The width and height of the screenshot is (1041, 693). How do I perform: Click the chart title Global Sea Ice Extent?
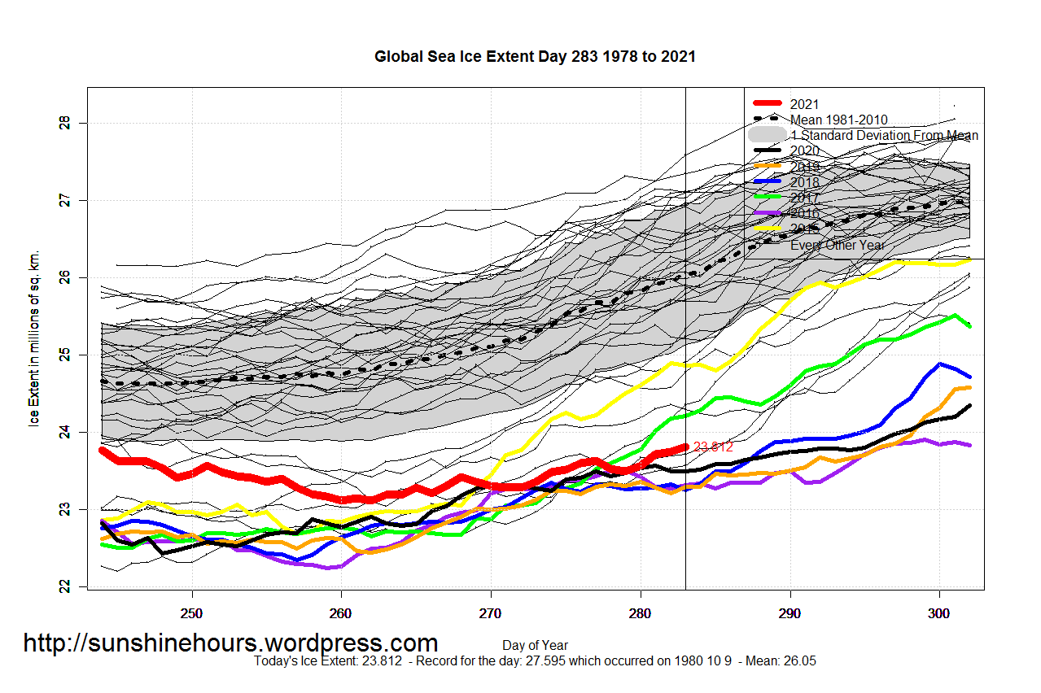click(535, 57)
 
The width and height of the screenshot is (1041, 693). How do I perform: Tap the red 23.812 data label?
click(713, 447)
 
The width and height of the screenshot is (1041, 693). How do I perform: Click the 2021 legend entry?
click(804, 104)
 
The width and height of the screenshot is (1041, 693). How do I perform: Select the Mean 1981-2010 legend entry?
click(838, 120)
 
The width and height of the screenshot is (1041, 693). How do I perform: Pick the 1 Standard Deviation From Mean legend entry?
click(884, 135)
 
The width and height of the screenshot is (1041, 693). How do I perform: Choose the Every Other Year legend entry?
click(837, 244)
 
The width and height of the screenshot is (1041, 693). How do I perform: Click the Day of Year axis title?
click(535, 646)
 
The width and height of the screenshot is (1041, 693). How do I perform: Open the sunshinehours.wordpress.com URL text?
click(230, 643)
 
